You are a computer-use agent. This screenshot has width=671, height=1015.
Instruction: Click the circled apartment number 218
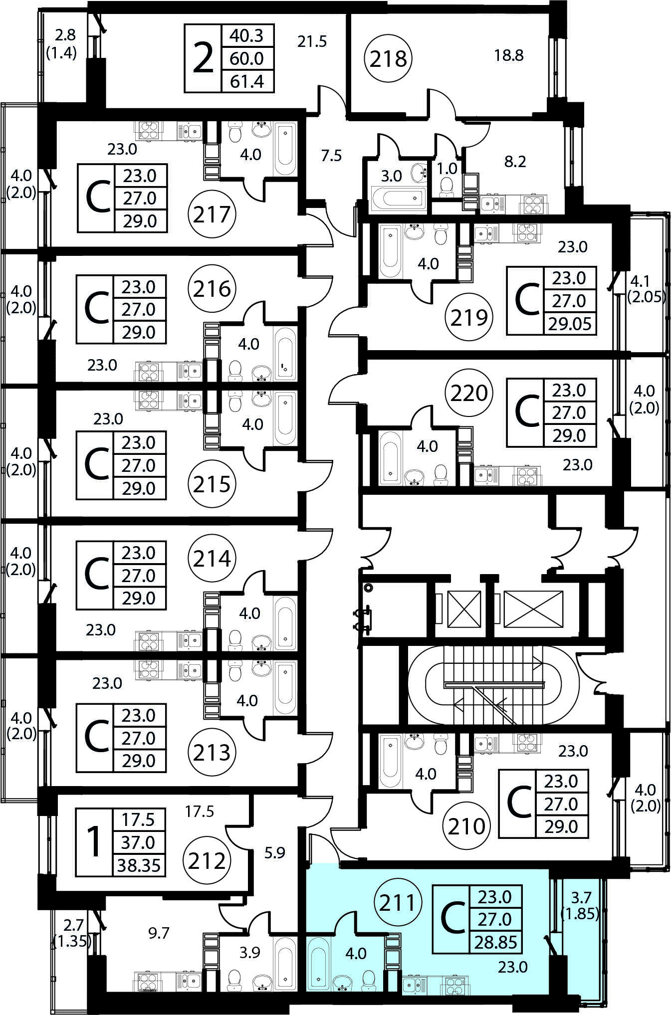(x=389, y=59)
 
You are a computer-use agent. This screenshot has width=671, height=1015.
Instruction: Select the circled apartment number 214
(x=212, y=559)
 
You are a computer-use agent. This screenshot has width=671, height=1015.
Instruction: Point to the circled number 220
(x=468, y=393)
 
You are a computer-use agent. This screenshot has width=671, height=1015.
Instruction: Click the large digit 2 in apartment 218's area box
(x=203, y=59)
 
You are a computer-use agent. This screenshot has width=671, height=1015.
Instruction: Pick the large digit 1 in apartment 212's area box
(x=94, y=842)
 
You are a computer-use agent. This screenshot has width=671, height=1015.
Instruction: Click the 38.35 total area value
(x=139, y=865)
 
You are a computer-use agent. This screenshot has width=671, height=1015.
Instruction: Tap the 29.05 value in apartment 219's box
(x=570, y=324)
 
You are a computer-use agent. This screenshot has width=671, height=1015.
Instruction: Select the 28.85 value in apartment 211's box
(x=495, y=943)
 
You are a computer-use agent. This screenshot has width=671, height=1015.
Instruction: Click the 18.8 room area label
(x=508, y=55)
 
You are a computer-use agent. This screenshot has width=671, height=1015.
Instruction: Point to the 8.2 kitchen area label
(x=515, y=162)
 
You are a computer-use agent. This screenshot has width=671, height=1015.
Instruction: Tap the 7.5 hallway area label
(x=331, y=156)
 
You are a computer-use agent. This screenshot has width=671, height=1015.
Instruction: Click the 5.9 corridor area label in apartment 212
(x=274, y=853)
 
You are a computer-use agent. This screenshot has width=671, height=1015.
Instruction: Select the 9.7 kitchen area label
(x=159, y=933)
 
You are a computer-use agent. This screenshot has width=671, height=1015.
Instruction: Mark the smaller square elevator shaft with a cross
(x=464, y=609)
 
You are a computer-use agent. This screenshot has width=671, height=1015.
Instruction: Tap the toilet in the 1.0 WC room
(x=447, y=187)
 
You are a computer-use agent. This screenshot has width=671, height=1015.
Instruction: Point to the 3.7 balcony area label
(x=581, y=898)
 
